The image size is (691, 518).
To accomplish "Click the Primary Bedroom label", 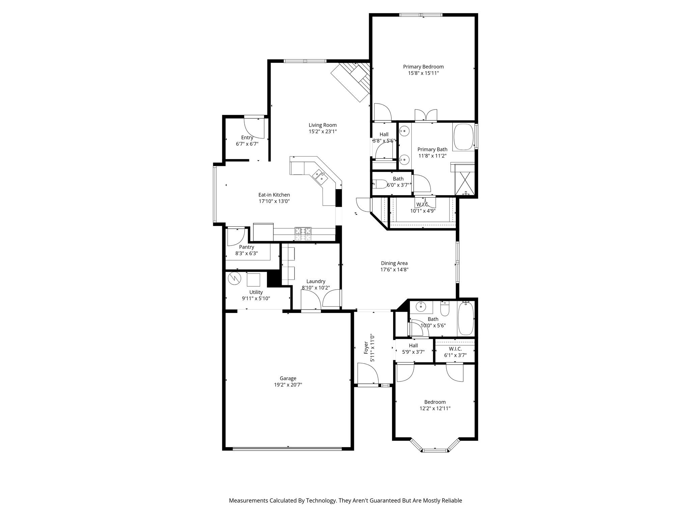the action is click(423, 67).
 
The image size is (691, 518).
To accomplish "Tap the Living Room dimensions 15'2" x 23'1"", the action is click(323, 132).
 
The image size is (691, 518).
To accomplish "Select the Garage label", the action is click(288, 378).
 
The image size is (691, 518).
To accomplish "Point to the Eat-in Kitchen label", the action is click(274, 195).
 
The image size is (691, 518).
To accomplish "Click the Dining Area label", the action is click(394, 263).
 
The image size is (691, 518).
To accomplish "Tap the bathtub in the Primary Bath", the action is click(464, 137).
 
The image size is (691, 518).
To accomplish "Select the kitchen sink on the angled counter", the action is click(83, 176).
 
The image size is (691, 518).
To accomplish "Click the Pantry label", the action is click(247, 247).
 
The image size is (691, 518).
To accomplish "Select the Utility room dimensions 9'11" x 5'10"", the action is click(256, 298).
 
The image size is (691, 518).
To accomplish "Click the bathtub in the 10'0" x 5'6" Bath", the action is click(466, 318).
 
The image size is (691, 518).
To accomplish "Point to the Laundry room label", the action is click(316, 281).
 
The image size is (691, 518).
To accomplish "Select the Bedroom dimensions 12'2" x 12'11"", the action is click(435, 408).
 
